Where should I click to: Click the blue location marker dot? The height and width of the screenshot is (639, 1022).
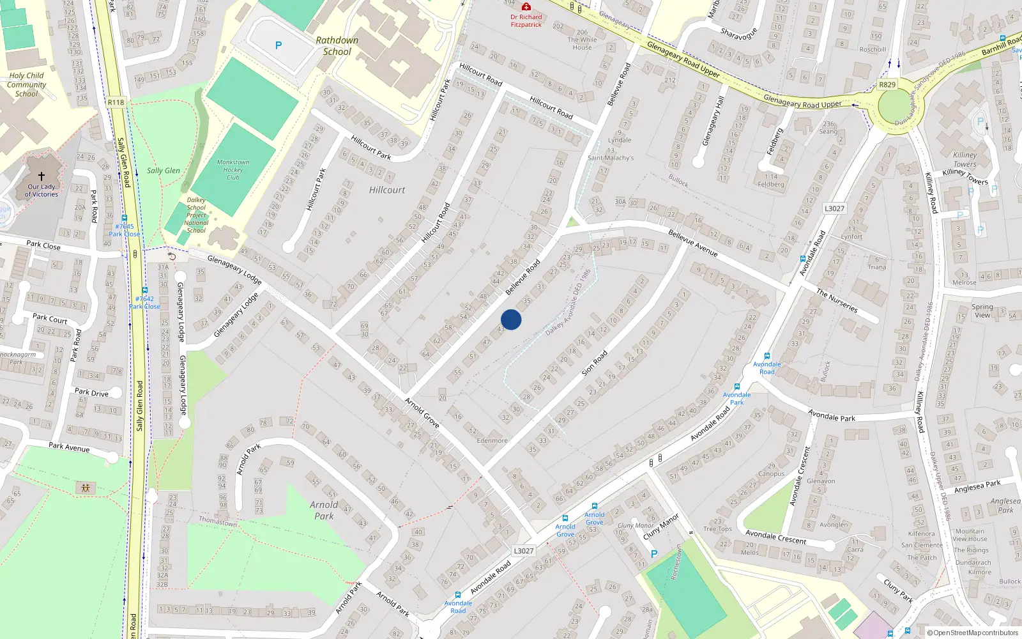click(x=511, y=319)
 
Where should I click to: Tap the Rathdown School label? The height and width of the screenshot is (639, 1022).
click(x=337, y=46)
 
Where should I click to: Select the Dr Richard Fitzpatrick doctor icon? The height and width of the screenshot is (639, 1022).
click(x=526, y=6)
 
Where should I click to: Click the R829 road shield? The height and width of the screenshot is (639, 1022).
click(x=887, y=84)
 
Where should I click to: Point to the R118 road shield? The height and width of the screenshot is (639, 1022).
click(x=116, y=102)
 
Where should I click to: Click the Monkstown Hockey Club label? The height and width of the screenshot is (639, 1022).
click(x=233, y=170)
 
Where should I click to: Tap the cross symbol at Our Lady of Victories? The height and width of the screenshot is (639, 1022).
click(x=42, y=176)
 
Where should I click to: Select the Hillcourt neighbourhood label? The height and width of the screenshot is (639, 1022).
click(x=387, y=190)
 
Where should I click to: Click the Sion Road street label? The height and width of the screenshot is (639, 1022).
click(x=594, y=362)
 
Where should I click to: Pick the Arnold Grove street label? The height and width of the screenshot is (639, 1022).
click(x=422, y=413)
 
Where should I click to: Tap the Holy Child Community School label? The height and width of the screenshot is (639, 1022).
click(x=26, y=84)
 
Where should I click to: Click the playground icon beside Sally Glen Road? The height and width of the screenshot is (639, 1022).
click(x=85, y=488)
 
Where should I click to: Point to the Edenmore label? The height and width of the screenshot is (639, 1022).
click(x=492, y=440)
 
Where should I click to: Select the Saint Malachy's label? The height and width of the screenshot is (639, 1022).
click(x=611, y=158)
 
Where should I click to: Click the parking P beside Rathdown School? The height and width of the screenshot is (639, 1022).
click(x=278, y=45)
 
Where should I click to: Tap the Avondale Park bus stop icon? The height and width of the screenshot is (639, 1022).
click(x=737, y=387)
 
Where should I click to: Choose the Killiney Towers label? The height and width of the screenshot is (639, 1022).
click(x=965, y=159)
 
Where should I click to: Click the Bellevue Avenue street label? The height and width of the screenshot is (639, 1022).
click(x=693, y=243)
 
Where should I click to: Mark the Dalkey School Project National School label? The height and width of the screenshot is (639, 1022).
click(x=196, y=215)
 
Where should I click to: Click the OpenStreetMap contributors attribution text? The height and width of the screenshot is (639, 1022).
click(x=975, y=633)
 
